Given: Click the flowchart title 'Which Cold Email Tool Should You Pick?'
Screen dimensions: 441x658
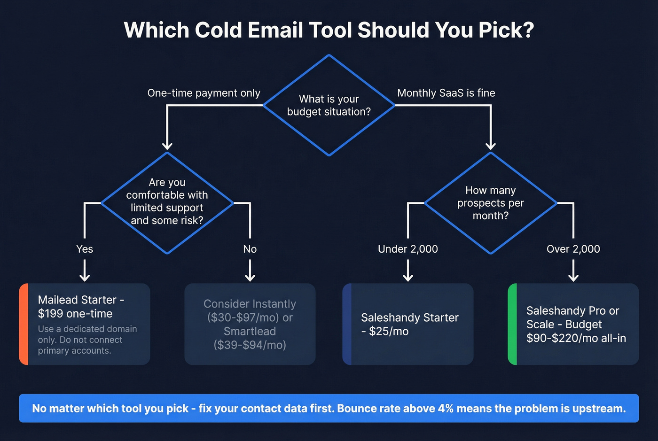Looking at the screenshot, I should click(329, 30).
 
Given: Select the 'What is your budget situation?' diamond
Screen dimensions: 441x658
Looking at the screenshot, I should click(329, 105).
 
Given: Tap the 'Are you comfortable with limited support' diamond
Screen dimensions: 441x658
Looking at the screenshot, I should click(167, 202).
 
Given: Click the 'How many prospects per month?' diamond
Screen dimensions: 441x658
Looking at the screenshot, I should click(490, 203).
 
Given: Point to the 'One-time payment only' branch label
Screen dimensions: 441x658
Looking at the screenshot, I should click(204, 93).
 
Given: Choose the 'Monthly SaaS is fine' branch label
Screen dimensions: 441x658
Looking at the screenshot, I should click(446, 93).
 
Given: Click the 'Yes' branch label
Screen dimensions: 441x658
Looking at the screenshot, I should click(85, 249).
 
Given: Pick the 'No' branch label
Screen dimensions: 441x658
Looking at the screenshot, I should click(250, 249).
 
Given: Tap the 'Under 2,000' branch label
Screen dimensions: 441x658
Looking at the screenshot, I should click(408, 249).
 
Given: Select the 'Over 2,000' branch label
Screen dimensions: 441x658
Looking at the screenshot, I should click(573, 249).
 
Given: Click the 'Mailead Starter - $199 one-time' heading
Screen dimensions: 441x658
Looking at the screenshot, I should click(81, 307).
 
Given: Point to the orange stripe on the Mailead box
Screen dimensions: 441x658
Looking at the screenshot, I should click(23, 324).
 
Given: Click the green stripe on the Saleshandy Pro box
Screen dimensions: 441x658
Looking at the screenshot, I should click(512, 324).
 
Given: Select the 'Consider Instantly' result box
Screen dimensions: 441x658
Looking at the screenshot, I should click(250, 324).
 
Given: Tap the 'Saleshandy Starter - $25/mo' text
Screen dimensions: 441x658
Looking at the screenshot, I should click(409, 324).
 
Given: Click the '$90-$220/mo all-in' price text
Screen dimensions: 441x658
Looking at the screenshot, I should click(576, 338).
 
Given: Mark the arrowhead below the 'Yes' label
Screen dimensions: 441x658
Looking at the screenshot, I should click(85, 277).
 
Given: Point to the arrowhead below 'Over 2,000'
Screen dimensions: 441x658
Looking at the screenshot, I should click(573, 277).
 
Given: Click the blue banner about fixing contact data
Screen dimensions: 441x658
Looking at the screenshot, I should click(329, 408).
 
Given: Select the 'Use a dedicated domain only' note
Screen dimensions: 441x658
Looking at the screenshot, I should click(87, 340).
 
